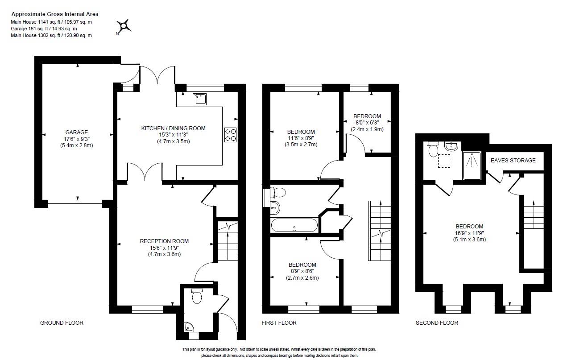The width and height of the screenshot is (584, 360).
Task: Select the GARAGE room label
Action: tap(77, 132)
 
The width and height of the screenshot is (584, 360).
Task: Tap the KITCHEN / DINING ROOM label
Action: tap(173, 128)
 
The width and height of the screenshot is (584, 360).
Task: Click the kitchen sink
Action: tap(199, 99)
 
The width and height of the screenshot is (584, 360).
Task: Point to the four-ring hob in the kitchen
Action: tap(231, 135)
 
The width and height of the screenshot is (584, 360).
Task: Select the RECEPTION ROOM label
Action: tap(164, 241)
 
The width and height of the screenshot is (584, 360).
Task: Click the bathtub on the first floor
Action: tap(294, 225)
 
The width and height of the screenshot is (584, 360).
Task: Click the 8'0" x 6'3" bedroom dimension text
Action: tap(368, 123)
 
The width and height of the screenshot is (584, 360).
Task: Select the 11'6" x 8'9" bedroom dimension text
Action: tap(301, 138)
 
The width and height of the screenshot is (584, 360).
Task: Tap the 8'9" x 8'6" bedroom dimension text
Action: tap(302, 271)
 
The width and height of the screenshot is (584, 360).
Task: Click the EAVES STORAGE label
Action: tap(513, 160)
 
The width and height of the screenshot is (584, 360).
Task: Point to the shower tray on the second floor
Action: tap(472, 166)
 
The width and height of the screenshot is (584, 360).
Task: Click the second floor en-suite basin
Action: tap(451, 145)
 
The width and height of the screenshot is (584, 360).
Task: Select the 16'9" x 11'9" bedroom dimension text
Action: tap(469, 233)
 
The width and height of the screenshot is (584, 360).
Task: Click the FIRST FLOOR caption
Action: tap(279, 323)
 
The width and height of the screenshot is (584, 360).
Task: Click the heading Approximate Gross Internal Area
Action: tap(55, 14)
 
